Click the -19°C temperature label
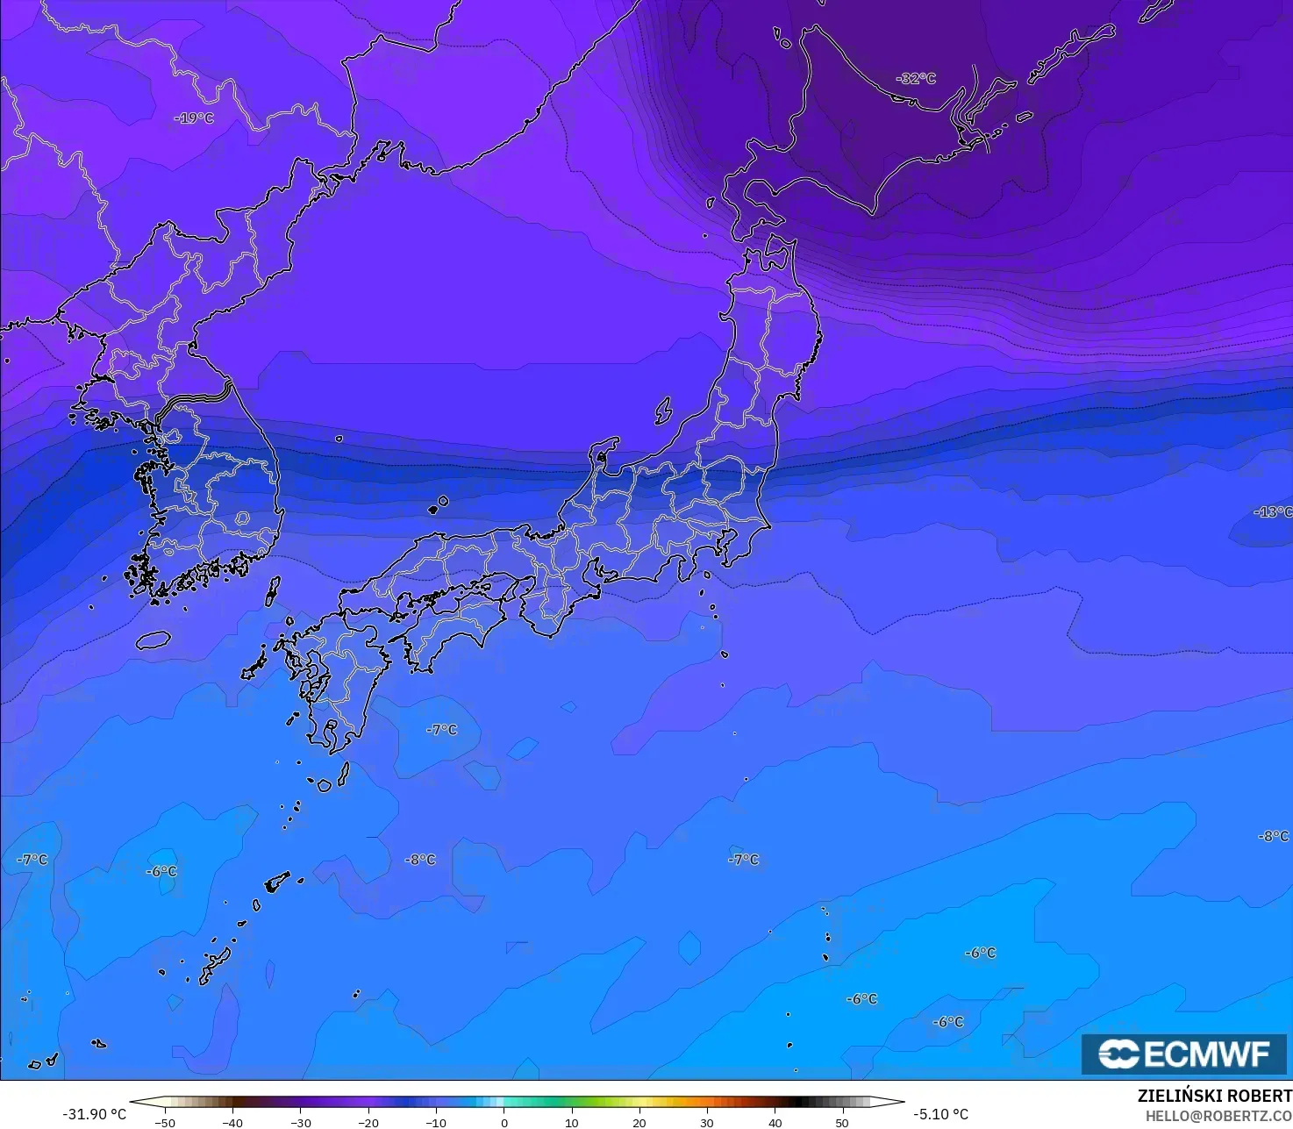[x=194, y=118]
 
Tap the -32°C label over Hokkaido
[x=916, y=78]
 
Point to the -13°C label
[x=1272, y=511]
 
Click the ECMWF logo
[x=1184, y=1054]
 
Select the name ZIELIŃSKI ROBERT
[x=1214, y=1096]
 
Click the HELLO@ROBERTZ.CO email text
[x=1218, y=1115]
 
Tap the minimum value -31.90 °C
[x=94, y=1114]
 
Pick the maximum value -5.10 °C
[x=940, y=1114]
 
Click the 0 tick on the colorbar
[x=504, y=1122]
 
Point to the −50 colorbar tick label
[x=164, y=1122]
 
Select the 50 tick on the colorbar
[x=842, y=1122]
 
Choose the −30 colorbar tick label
[x=300, y=1122]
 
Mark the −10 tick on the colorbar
[x=436, y=1122]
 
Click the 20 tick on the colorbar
[x=639, y=1122]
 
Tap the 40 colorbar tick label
[x=775, y=1122]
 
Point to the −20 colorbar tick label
[x=368, y=1122]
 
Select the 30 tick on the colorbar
[x=707, y=1122]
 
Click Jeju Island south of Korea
[x=153, y=640]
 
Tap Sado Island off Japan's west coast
[x=663, y=411]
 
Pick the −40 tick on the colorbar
[x=232, y=1122]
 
